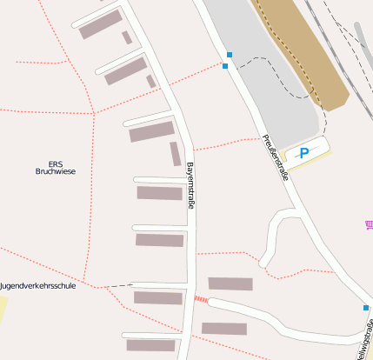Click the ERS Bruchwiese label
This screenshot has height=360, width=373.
pos(56,168)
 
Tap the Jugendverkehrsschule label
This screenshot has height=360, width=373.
pos(38,285)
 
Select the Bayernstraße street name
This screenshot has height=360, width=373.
pos(190,185)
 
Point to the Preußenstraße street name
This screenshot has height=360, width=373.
pos(274,157)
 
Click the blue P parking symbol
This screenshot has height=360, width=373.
pos(303,154)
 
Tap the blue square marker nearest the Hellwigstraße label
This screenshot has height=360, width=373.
pos(366,308)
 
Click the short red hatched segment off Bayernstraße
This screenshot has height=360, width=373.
pos(201,299)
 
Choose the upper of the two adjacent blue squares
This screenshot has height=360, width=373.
pos(230,55)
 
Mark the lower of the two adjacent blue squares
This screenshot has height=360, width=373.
pos(225,66)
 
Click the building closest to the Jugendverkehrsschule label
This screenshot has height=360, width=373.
pos(158,298)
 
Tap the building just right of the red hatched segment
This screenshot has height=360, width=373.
pos(230,283)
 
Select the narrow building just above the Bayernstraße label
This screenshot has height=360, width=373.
pos(175,153)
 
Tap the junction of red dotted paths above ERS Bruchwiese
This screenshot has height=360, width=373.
pos(93,114)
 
